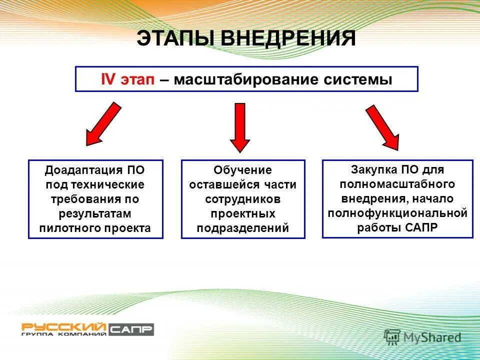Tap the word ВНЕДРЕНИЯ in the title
tap(288, 39)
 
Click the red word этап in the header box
tap(137, 80)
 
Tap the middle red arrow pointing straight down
tap(240, 127)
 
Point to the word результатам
tap(95, 213)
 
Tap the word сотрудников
tap(242, 199)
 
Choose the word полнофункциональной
tap(397, 213)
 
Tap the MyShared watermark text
tap(433, 338)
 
